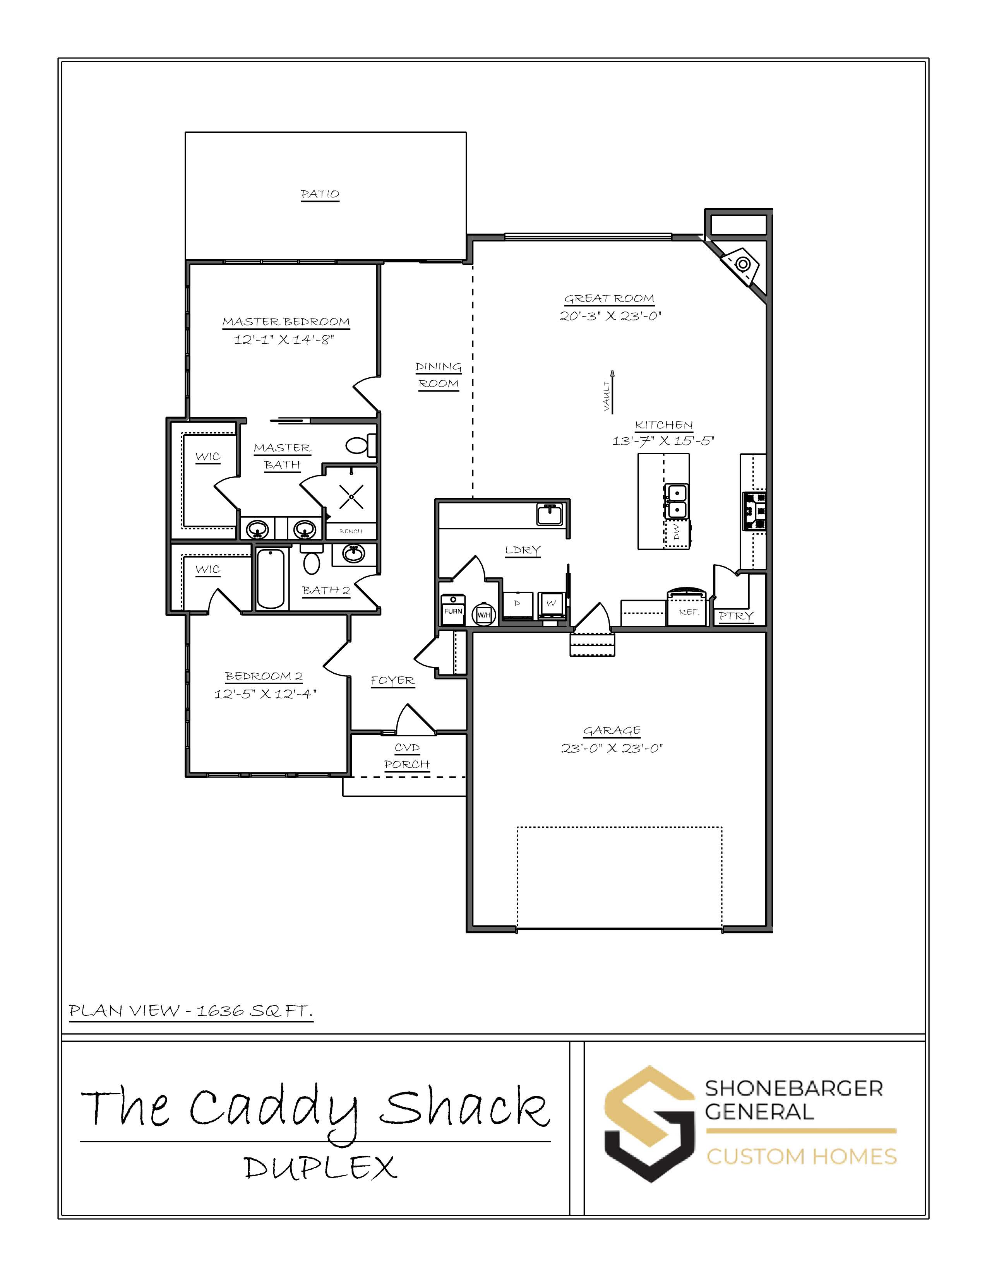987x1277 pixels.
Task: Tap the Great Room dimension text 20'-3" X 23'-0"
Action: [x=610, y=316]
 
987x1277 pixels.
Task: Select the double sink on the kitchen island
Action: [x=677, y=501]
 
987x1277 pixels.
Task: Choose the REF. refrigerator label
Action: [x=689, y=612]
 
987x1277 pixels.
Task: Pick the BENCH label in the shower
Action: [x=351, y=531]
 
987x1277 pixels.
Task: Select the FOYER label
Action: [x=393, y=681]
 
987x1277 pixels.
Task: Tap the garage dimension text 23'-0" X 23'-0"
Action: [x=612, y=748]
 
